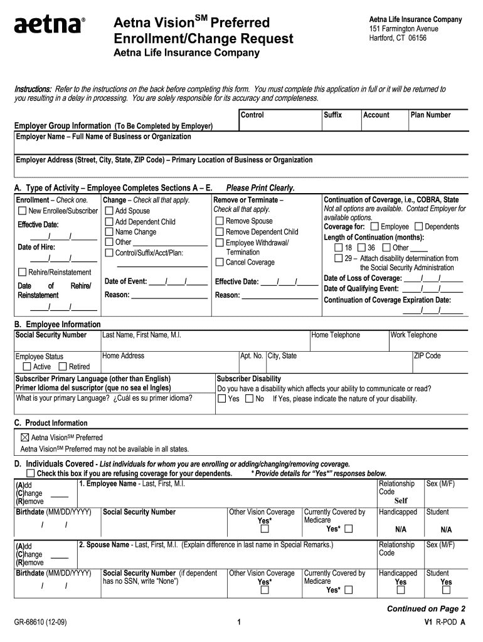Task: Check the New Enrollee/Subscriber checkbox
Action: click(x=23, y=211)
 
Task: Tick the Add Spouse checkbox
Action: click(x=109, y=211)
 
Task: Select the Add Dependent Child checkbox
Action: click(x=109, y=221)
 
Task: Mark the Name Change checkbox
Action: click(x=109, y=232)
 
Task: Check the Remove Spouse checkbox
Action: click(x=220, y=221)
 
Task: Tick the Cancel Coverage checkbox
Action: click(x=220, y=262)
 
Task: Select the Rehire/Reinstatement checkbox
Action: click(x=23, y=272)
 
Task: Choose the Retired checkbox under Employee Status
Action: click(x=63, y=366)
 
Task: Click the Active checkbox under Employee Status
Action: click(x=27, y=366)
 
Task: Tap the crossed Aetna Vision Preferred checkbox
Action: click(x=25, y=437)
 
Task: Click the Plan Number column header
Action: click(x=430, y=115)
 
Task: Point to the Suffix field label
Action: click(x=332, y=115)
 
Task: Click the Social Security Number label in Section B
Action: click(x=51, y=335)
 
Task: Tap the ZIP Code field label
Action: click(x=427, y=355)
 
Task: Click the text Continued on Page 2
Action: click(x=426, y=609)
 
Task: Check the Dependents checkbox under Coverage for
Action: click(x=419, y=226)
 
